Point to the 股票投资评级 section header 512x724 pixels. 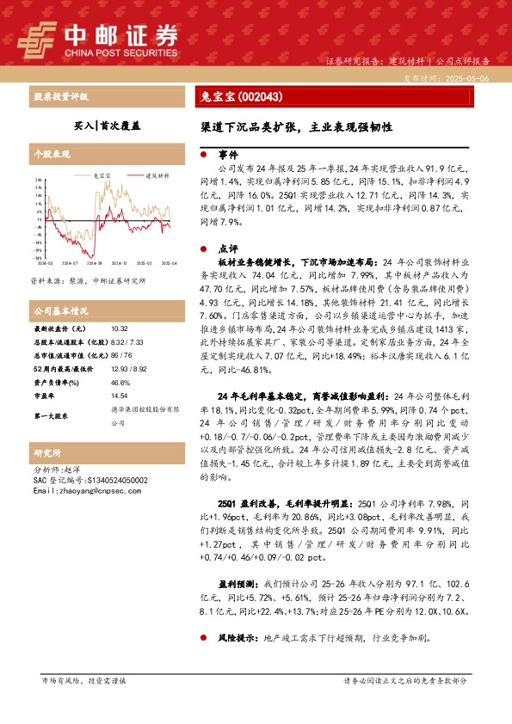[60, 97]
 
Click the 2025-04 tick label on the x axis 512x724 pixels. [167, 264]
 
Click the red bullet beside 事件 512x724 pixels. [202, 155]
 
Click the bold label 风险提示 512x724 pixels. [239, 639]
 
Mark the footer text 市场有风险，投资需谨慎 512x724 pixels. [83, 680]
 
